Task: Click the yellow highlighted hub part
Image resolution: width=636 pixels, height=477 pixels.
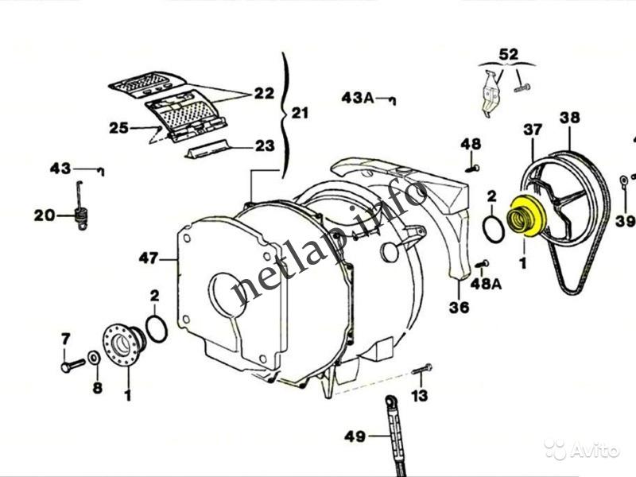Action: tap(525, 216)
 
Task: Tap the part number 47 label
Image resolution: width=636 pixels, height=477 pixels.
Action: tap(147, 258)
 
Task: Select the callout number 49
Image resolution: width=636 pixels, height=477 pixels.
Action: tap(355, 435)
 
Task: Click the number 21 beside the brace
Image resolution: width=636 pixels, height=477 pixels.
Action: tap(300, 114)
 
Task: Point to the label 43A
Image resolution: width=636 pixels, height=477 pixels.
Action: tap(358, 98)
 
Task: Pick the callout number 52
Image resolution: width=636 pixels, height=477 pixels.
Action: tap(508, 54)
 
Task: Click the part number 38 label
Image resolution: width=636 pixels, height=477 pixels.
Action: tap(569, 118)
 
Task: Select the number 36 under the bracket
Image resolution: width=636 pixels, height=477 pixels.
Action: tap(460, 308)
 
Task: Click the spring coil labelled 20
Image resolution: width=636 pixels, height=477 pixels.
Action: tap(79, 214)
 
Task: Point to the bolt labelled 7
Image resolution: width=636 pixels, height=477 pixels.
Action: tap(72, 366)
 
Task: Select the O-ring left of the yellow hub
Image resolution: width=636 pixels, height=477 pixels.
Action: tap(494, 226)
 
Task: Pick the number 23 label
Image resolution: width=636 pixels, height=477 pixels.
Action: tap(265, 145)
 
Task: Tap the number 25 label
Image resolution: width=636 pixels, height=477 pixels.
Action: tap(118, 127)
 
